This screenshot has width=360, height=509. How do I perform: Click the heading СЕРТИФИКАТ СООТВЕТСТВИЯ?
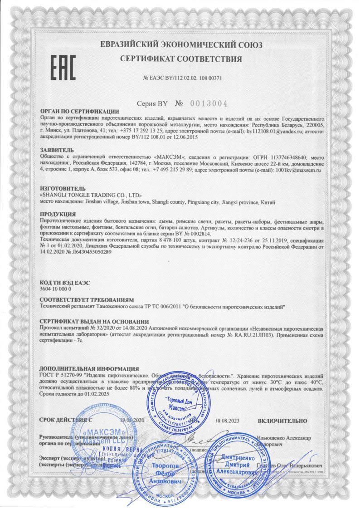181,59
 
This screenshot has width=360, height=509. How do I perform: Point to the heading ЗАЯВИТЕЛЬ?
56,150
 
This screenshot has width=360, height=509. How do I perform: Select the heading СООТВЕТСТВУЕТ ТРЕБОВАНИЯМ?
87,300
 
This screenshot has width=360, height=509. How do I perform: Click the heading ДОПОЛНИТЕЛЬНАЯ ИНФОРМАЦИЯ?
89,369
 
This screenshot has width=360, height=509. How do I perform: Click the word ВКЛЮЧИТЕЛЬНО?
282,421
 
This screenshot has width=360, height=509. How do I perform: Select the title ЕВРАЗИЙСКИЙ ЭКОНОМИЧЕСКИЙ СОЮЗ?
181,45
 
